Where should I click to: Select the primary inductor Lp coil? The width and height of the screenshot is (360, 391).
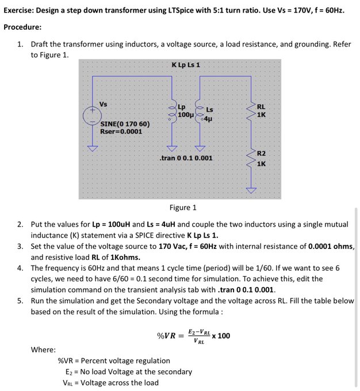point(170,112)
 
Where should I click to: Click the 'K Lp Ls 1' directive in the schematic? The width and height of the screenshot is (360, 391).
point(185,64)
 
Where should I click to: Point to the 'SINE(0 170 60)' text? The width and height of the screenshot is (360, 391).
point(125,124)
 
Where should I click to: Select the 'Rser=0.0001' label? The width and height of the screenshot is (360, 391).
point(121,131)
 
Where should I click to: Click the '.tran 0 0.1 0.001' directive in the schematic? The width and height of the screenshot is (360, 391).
point(185,158)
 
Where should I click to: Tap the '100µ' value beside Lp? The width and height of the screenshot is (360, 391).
point(185,115)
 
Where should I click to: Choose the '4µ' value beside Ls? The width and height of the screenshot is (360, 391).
point(208,119)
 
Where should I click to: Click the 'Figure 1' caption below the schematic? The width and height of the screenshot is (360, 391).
point(183,208)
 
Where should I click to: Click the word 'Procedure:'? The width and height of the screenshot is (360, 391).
point(22,27)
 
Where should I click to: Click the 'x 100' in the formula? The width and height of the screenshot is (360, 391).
point(221,336)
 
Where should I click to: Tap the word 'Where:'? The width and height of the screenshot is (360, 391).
point(43,350)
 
